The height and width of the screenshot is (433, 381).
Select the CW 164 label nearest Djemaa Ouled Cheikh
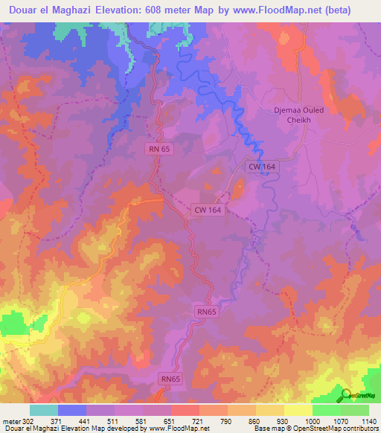pyautogui.click(x=263, y=169)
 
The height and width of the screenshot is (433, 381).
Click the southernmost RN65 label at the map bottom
pyautogui.click(x=170, y=379)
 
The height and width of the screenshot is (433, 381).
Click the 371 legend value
pyautogui.click(x=57, y=421)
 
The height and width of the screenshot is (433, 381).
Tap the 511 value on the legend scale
pyautogui.click(x=113, y=421)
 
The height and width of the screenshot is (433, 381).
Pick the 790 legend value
pyautogui.click(x=226, y=421)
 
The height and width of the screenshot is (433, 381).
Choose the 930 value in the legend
pyautogui.click(x=283, y=421)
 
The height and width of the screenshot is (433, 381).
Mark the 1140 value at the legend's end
pyautogui.click(x=368, y=421)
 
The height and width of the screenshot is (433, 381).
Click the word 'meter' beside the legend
pyautogui.click(x=11, y=421)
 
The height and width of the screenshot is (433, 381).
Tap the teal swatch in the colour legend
pyautogui.click(x=43, y=410)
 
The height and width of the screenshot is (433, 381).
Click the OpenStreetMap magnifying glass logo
pyautogui.click(x=345, y=394)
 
